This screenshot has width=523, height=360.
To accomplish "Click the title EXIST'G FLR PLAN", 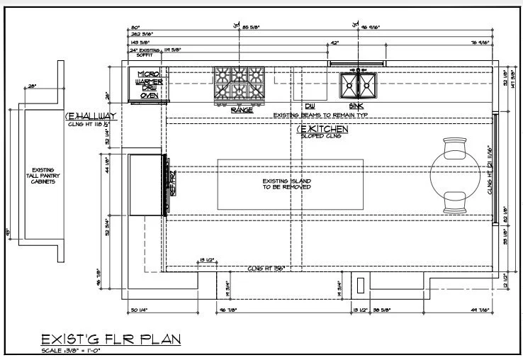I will pyautogui.click(x=110, y=339).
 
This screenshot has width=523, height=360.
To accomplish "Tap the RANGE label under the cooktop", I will pyautogui.click(x=242, y=110).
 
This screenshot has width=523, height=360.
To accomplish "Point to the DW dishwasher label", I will pyautogui.click(x=310, y=106).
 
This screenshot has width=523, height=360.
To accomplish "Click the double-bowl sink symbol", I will pyautogui.click(x=359, y=86).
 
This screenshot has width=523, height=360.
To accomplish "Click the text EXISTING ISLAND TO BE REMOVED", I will pyautogui.click(x=286, y=184).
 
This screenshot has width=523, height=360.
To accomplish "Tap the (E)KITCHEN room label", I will pyautogui.click(x=322, y=129).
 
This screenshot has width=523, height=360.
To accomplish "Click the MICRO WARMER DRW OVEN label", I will pyautogui.click(x=148, y=84).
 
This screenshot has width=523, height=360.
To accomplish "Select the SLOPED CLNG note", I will pyautogui.click(x=323, y=136).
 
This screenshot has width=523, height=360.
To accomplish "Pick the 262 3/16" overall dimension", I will pyautogui.click(x=142, y=33).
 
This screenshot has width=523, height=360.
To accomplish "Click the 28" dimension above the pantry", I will pyautogui.click(x=32, y=86).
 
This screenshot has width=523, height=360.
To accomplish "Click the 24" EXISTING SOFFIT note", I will pyautogui.click(x=145, y=52).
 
